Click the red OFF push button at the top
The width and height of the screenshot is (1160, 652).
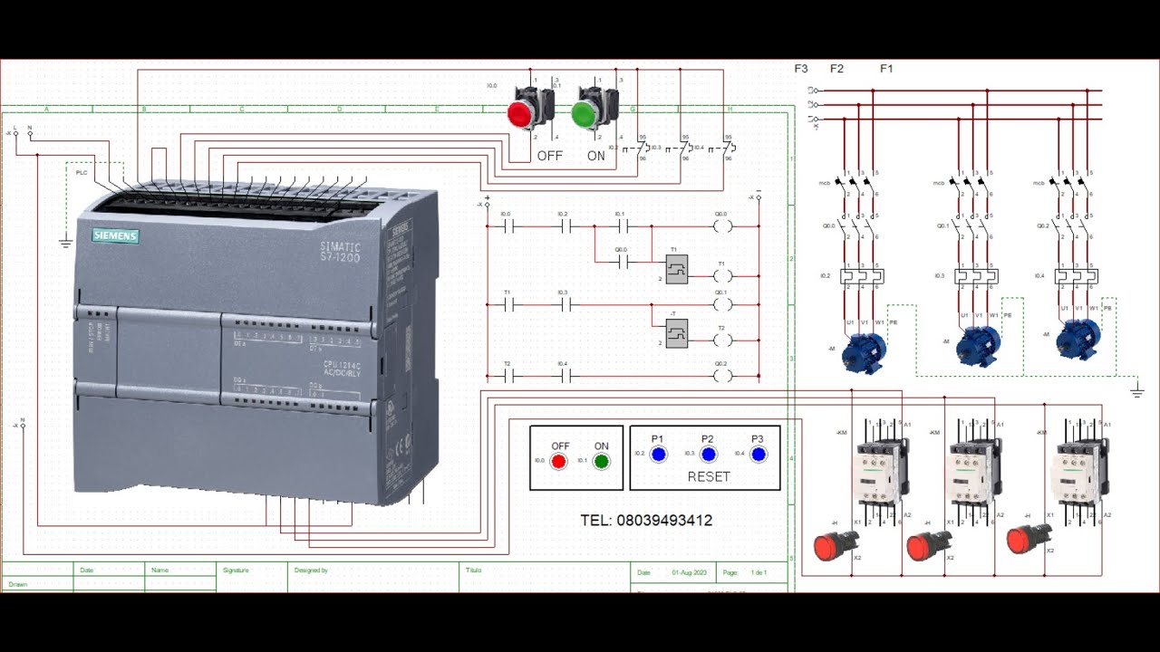coord(520,114)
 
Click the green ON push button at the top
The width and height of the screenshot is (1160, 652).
coord(584,114)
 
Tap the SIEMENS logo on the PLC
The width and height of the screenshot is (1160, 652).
coord(115,236)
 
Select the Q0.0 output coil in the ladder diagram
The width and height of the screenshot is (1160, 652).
coord(721,226)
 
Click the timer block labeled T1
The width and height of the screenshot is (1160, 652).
coord(676,269)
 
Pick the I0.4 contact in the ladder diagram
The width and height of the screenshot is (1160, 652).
coord(563,375)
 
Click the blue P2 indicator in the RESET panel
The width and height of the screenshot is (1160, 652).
coord(709,455)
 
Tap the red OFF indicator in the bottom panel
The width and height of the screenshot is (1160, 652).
coord(559,461)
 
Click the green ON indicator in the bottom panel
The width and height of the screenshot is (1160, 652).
coord(601,461)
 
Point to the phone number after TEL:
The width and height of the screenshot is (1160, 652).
coord(664,521)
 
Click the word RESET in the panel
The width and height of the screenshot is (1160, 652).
coord(709,476)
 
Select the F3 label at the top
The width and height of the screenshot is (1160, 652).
coord(801,69)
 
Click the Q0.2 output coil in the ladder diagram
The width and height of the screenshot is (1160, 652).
coord(721,375)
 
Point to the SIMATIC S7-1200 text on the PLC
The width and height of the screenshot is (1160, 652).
coord(340,253)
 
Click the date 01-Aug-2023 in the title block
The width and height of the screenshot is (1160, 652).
coord(688,573)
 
